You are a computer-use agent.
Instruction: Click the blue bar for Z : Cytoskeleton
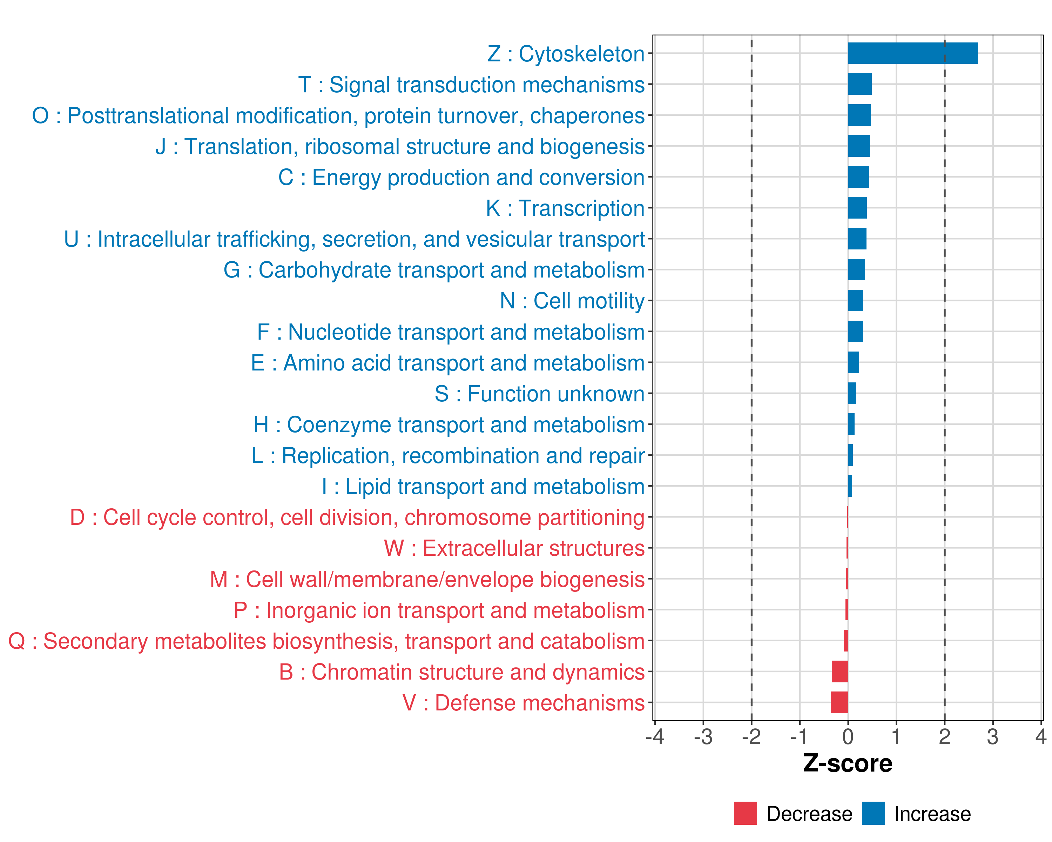912,53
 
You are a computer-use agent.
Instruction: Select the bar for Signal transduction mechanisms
860,85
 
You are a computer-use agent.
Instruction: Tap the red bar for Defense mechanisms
839,702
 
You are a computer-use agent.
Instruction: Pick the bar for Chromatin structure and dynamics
840,671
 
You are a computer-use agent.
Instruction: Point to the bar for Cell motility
855,301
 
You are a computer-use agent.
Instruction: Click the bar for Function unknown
852,393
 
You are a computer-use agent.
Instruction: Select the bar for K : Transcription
857,208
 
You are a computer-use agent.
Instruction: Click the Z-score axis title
848,763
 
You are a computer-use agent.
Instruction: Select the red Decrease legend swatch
745,814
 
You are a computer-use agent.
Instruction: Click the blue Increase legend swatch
873,814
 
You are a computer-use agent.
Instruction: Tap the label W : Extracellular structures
514,548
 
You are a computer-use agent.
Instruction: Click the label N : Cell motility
572,301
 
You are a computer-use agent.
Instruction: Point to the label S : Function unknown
540,393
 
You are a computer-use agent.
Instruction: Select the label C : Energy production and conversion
461,177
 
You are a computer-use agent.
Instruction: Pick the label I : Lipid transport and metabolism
483,486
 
